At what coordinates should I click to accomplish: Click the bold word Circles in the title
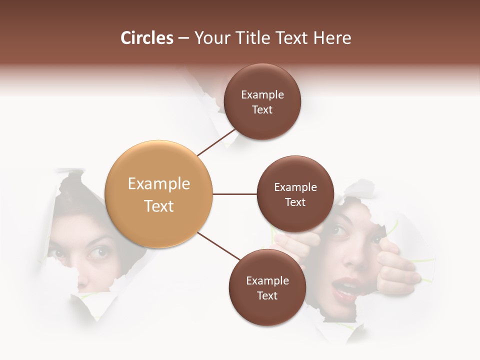tap(147, 38)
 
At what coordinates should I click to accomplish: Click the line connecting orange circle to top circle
tap(216, 142)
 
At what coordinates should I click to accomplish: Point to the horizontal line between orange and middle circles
tap(234, 194)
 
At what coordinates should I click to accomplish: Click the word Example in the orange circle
tap(158, 184)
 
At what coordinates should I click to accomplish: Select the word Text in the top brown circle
tap(262, 109)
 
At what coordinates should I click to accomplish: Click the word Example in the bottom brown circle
tap(267, 280)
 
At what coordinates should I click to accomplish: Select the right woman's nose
tap(354, 257)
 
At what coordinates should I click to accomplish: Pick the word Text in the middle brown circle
tap(295, 202)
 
